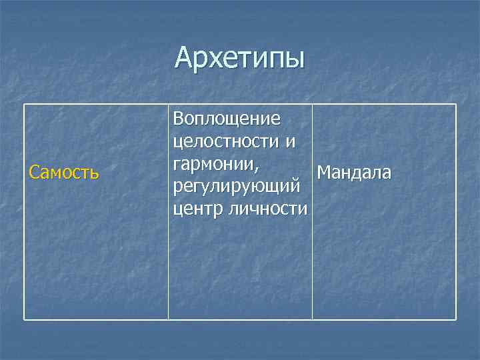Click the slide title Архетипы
(x=239, y=58)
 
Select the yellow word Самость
(x=64, y=173)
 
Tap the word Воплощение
(x=226, y=120)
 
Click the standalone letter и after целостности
(x=289, y=143)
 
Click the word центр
(x=198, y=209)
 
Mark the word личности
(x=268, y=209)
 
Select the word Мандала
(x=354, y=173)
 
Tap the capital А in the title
(x=185, y=58)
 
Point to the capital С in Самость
(x=33, y=173)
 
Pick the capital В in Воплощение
(x=178, y=120)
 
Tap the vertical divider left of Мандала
(x=312, y=267)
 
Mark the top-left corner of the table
(x=25, y=104)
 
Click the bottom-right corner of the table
(x=456, y=320)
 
